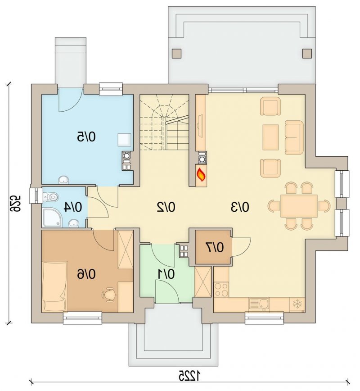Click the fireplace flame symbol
201,175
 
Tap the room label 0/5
86,137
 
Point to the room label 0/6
86,274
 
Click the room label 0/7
215,247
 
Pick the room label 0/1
166,274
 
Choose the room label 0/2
166,207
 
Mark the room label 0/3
240,207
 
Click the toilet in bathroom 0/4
50,197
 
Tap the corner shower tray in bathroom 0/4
51,218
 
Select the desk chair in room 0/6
109,295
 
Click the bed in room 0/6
55,286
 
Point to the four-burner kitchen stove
221,289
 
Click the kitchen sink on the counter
259,305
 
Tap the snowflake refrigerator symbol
297,304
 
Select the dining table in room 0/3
299,206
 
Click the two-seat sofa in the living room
294,137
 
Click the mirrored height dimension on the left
15,204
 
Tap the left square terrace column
177,53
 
